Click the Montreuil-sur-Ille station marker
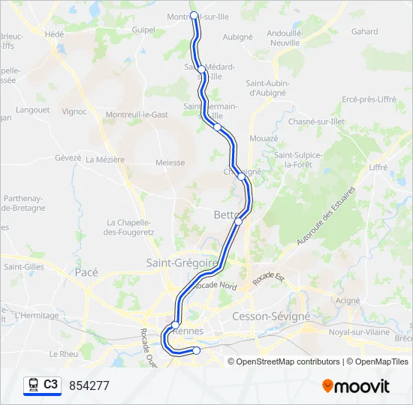point(194,15)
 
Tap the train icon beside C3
point(33,385)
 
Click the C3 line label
point(50,384)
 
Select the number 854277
point(89,385)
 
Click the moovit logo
point(356,386)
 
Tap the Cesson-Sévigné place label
point(271,316)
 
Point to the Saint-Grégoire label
point(182,263)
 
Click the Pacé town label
point(86,273)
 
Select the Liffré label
point(378,167)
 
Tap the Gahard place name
point(364,31)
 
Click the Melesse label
point(170,162)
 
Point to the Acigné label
point(348,300)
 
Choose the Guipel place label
point(143,31)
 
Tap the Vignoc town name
point(74,112)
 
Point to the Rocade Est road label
point(269,278)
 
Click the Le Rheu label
point(63,353)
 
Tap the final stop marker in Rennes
point(197,350)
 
